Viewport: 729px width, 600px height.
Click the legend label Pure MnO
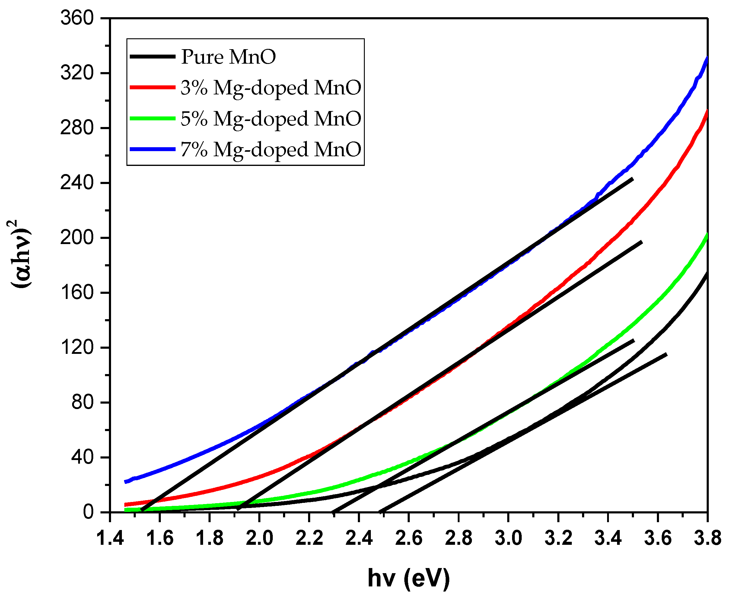point(228,57)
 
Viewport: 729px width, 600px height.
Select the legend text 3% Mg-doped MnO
point(271,87)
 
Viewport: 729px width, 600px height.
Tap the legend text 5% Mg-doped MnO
point(271,119)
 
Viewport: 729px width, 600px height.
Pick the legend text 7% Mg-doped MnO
point(271,150)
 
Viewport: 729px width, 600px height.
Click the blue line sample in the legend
point(152,149)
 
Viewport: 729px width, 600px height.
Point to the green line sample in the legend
point(152,118)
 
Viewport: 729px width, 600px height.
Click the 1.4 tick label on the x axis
point(110,538)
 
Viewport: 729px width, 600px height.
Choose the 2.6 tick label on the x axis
point(409,538)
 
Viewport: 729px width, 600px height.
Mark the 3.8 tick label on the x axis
point(707,538)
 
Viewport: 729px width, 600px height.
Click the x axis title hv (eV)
point(409,578)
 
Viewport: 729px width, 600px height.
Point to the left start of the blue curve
point(126,482)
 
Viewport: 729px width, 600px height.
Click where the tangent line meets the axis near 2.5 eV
point(380,512)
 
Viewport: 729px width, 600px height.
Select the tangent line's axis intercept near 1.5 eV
point(142,510)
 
